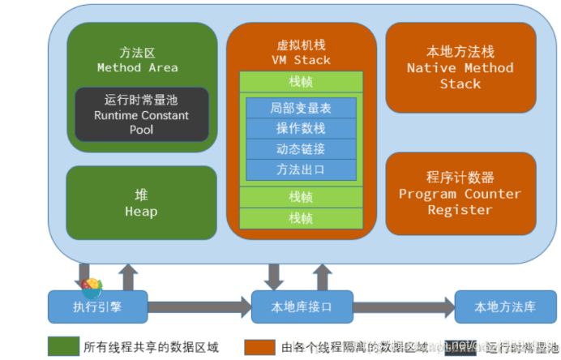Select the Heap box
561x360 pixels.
[141, 204]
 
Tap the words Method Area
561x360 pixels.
[137, 67]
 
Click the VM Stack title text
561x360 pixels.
[301, 59]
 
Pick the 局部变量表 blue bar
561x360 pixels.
[301, 108]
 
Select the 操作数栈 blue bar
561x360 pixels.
[301, 129]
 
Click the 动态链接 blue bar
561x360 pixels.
[301, 149]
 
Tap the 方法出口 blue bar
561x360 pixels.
[301, 169]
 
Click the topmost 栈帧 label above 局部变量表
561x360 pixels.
[301, 81]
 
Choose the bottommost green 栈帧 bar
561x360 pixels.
[301, 218]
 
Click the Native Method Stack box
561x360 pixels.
[460, 68]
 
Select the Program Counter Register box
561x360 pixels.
[460, 194]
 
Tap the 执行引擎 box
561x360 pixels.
[97, 307]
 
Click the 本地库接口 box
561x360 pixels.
[302, 307]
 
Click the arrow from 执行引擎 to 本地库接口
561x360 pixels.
[199, 307]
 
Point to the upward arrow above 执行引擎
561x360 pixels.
[127, 276]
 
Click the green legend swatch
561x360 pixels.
[62, 347]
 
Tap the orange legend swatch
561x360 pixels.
[259, 347]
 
